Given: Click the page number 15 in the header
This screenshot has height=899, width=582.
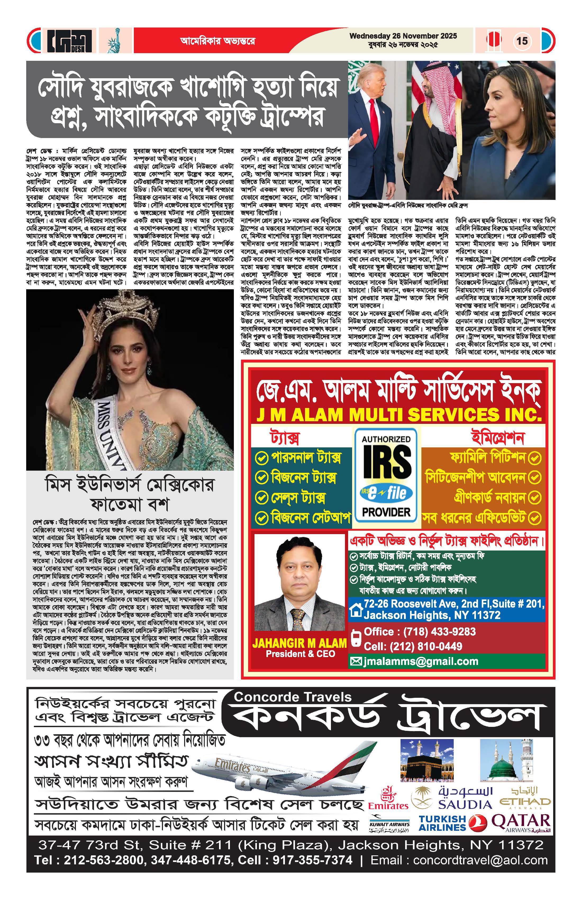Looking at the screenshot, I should [x=522, y=40].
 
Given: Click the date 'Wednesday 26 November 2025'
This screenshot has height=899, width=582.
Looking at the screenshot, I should [x=403, y=36].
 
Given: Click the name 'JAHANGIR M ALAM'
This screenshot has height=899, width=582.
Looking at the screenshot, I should [x=299, y=643].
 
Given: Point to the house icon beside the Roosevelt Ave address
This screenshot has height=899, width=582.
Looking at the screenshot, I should [x=356, y=610].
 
